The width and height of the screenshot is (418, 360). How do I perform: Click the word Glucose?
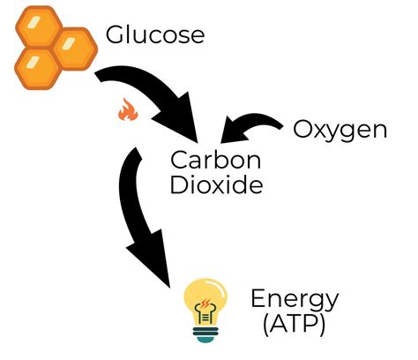tap(155, 35)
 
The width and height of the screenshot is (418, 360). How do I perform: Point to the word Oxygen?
tap(340, 131)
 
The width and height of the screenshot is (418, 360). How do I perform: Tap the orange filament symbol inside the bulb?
tap(205, 307)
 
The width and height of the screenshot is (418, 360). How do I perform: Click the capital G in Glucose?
tap(116, 35)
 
